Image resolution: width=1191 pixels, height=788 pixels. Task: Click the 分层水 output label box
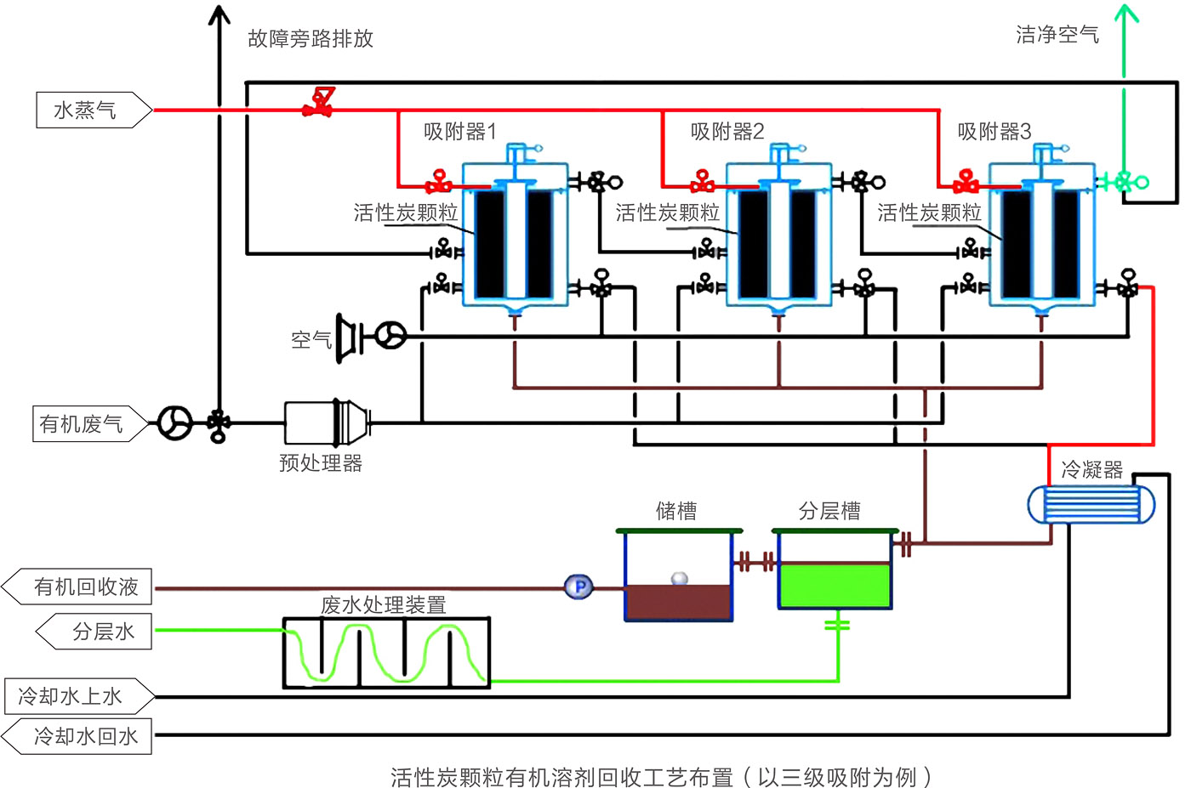(x=95, y=632)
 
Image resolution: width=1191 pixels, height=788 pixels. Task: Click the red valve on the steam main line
(x=319, y=103)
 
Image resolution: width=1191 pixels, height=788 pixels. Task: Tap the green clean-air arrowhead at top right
(x=1126, y=14)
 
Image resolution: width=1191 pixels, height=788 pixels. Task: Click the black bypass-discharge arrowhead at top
(x=219, y=14)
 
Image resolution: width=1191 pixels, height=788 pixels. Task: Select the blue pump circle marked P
(x=579, y=587)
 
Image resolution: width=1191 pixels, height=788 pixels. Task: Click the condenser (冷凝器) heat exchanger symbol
(x=1091, y=505)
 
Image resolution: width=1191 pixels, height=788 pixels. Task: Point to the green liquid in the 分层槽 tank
(x=835, y=587)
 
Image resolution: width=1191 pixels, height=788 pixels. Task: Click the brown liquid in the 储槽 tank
(x=678, y=601)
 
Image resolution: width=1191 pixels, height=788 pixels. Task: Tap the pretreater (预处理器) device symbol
(x=328, y=422)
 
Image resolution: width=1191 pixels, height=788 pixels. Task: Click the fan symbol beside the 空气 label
(x=390, y=336)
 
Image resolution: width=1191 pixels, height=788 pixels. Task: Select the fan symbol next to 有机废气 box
(x=175, y=422)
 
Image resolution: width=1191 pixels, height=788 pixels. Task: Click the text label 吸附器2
(x=727, y=132)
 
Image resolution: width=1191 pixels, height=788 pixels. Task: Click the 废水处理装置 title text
(x=383, y=604)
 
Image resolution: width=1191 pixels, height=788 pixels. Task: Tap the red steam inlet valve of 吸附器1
(x=439, y=182)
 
